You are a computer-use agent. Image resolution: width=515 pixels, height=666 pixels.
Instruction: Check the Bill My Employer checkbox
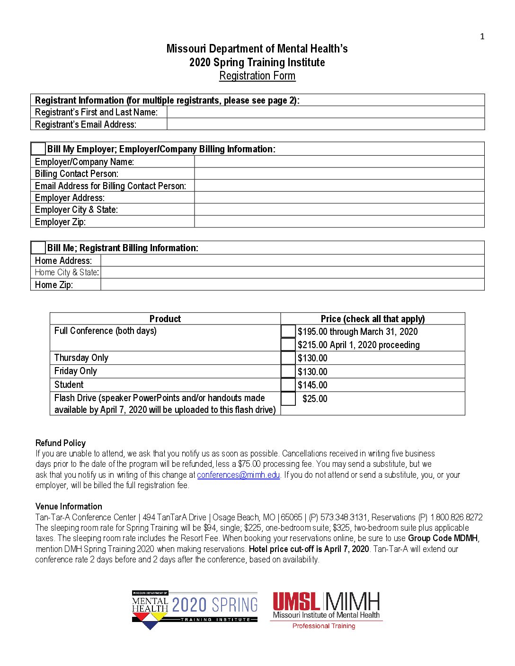(x=38, y=149)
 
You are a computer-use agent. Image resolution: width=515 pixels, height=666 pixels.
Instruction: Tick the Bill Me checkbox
(x=38, y=247)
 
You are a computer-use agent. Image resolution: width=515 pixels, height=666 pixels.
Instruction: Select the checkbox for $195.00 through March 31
(x=288, y=331)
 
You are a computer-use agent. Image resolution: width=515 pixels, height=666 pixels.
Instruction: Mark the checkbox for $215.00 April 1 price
(x=288, y=344)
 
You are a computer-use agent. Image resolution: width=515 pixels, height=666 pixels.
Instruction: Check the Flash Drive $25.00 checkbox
(x=288, y=399)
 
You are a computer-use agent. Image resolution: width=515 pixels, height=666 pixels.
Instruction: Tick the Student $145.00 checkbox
(x=288, y=385)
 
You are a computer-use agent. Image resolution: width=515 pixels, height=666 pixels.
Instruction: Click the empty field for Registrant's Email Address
(x=326, y=124)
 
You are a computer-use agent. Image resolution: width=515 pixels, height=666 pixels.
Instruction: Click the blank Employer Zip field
(x=339, y=221)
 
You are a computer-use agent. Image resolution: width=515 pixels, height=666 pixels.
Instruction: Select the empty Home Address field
(x=293, y=260)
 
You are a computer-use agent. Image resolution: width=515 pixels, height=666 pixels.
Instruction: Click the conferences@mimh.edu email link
(x=239, y=475)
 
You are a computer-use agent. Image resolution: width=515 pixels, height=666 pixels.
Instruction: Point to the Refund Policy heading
(x=61, y=443)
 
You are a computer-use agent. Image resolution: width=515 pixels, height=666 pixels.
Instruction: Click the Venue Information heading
(x=69, y=506)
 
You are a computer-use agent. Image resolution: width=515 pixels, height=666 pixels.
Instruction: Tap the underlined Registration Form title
(x=257, y=76)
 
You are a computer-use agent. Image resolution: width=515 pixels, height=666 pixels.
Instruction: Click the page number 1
(x=482, y=36)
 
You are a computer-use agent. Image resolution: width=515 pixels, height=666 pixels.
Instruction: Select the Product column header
(x=165, y=318)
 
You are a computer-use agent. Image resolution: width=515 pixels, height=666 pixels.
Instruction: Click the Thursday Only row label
(x=81, y=358)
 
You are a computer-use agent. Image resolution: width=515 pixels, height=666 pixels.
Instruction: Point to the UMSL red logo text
(x=296, y=602)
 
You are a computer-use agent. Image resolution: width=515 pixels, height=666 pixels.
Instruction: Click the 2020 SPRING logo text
(x=214, y=605)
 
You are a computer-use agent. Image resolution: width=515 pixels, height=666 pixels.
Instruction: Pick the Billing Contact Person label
(x=77, y=174)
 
